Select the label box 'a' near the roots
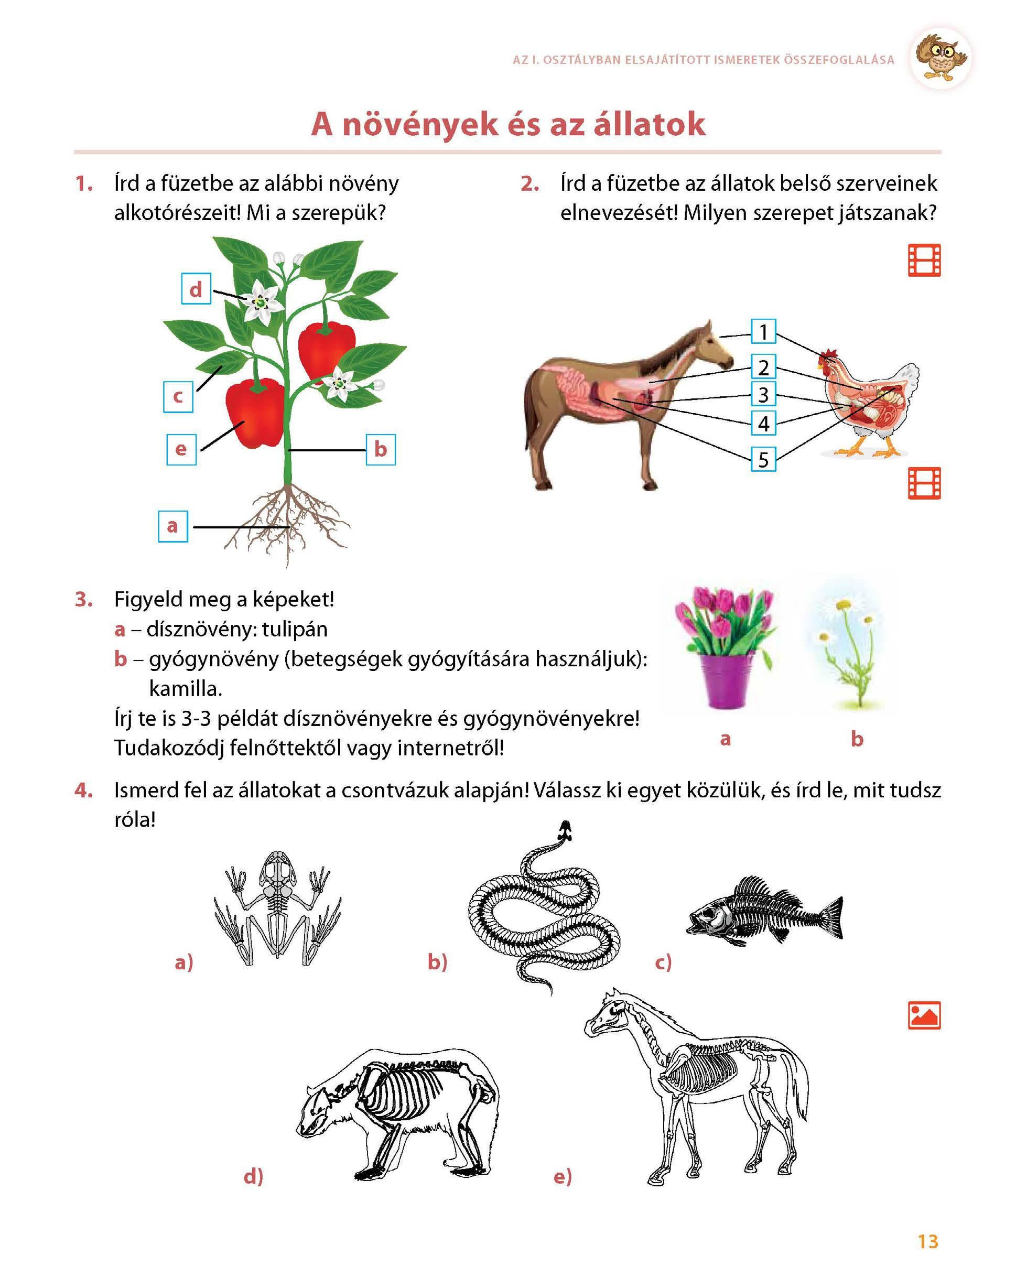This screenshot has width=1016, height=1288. (x=172, y=526)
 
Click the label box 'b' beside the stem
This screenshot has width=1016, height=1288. (x=381, y=450)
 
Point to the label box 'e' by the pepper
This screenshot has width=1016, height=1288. (x=181, y=450)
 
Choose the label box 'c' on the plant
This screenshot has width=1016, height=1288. (x=178, y=397)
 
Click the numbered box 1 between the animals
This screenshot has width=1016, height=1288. (x=763, y=331)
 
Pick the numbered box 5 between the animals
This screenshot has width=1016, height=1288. (x=763, y=459)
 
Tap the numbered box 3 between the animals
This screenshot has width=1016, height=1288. (x=763, y=395)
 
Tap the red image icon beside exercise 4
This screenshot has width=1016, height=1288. (x=924, y=1015)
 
